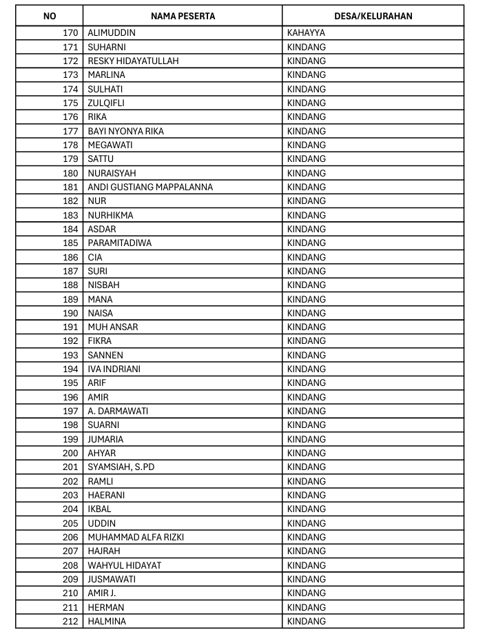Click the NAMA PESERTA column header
(182, 16)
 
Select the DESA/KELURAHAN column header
(373, 16)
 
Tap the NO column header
(50, 16)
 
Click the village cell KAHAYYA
(306, 33)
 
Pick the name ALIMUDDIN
(112, 33)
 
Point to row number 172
(70, 61)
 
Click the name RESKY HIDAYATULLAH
(133, 61)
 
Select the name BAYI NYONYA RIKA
(126, 131)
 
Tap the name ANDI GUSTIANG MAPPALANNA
(150, 187)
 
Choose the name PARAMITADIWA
(120, 243)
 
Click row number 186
(70, 257)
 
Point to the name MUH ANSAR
(113, 327)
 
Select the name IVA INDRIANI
(114, 369)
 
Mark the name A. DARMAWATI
(118, 411)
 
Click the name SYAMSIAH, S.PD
(121, 467)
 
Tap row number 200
(70, 453)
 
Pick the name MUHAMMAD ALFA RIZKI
(136, 537)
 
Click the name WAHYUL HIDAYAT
(125, 565)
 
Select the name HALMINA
(107, 621)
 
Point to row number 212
(70, 621)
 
